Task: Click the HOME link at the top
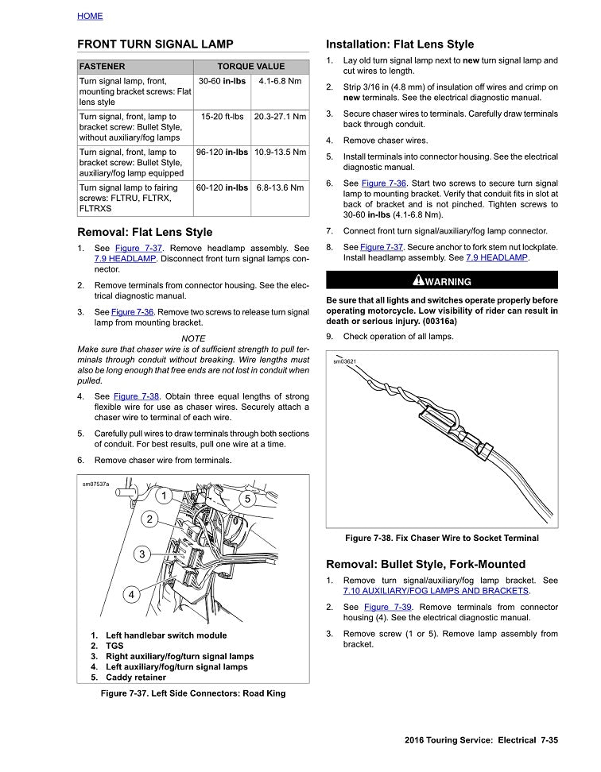tap(90, 16)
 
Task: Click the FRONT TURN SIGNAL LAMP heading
tap(155, 44)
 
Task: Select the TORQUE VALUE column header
tap(250, 67)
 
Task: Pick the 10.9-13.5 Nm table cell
tap(280, 152)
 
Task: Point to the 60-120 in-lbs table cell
tap(222, 188)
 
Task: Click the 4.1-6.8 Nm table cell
tap(280, 81)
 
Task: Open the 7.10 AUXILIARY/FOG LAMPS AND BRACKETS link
tap(436, 591)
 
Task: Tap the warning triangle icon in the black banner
tap(418, 280)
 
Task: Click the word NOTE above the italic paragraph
tap(193, 338)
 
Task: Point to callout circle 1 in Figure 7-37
tap(163, 496)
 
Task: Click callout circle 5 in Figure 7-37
tap(247, 499)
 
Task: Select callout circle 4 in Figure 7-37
tap(131, 593)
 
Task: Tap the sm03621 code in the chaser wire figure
tap(344, 361)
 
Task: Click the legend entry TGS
tap(114, 646)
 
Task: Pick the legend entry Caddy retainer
tap(135, 677)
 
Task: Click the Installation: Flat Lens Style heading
tap(400, 44)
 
